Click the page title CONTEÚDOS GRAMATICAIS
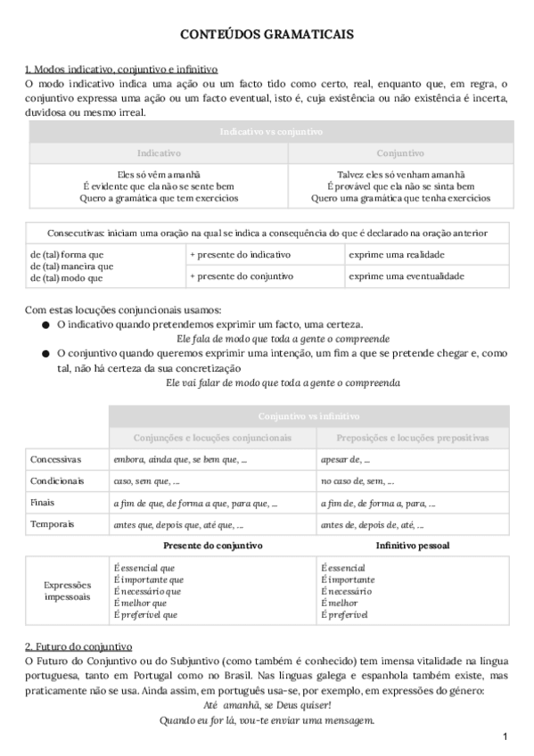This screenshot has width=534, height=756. pos(267,34)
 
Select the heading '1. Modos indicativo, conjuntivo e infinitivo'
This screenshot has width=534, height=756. pos(121,70)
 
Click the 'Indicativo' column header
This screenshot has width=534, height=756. pos(159,153)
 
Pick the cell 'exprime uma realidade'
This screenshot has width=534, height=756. pos(396,255)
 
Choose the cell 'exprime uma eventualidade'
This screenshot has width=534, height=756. pos(406,276)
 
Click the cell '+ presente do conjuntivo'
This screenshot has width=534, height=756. pos(241,276)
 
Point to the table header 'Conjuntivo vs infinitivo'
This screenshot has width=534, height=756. pos(308,416)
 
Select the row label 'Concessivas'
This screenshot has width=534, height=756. pos(55,459)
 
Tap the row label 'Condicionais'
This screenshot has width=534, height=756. pos(57,481)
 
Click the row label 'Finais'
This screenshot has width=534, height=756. pos(43,503)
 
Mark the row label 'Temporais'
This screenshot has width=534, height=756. pos(52,524)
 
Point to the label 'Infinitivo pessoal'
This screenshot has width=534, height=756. pos(412,545)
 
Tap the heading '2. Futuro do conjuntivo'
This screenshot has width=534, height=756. pos(78,645)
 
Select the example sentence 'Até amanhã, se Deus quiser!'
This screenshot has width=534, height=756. pos(267,704)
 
